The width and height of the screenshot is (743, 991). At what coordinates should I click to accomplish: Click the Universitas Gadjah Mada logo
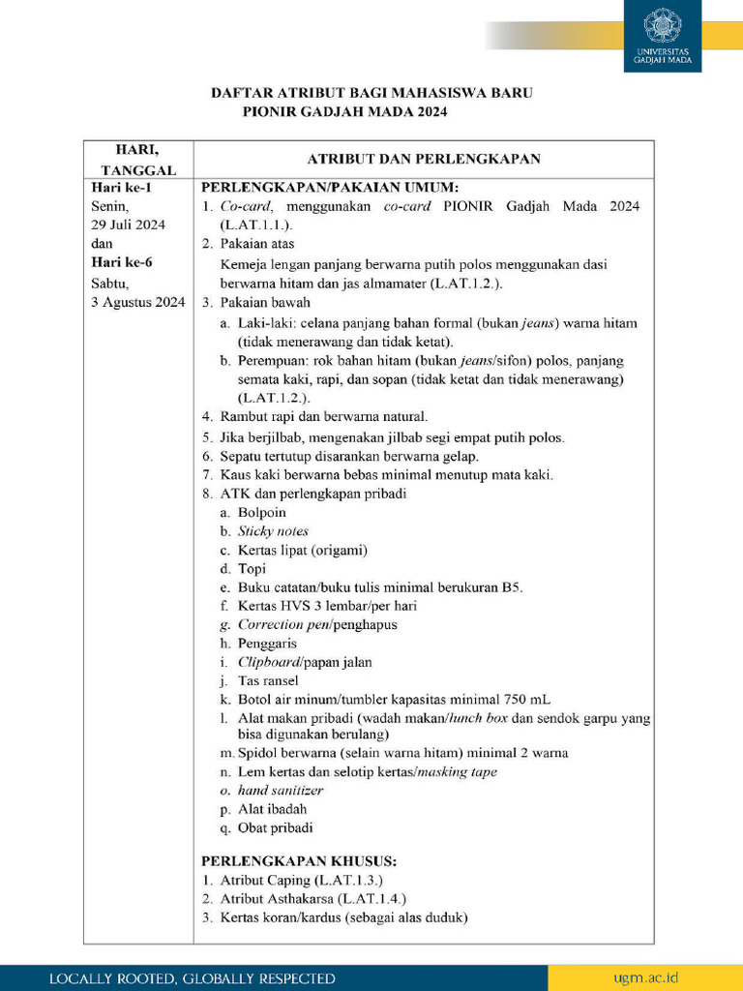pyautogui.click(x=663, y=36)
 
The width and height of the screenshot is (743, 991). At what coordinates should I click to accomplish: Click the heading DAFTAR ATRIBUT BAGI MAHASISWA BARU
pyautogui.click(x=372, y=93)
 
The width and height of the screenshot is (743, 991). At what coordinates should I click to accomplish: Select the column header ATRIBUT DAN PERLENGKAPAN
pyautogui.click(x=423, y=159)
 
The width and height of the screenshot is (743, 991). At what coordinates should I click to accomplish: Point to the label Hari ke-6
pyautogui.click(x=121, y=262)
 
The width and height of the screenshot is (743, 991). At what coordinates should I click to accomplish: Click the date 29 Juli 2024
pyautogui.click(x=128, y=225)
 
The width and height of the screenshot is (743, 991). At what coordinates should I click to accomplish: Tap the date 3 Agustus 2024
pyautogui.click(x=137, y=301)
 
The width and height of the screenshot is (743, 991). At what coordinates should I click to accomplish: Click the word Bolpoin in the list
pyautogui.click(x=261, y=512)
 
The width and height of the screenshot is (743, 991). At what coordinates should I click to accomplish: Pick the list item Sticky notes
pyautogui.click(x=273, y=531)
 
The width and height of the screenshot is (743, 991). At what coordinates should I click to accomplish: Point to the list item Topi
pyautogui.click(x=252, y=569)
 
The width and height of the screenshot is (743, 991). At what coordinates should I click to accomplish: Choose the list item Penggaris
pyautogui.click(x=267, y=644)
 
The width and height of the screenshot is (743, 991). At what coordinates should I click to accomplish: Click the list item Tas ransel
pyautogui.click(x=268, y=680)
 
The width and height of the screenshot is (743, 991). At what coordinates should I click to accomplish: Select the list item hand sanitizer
pyautogui.click(x=280, y=791)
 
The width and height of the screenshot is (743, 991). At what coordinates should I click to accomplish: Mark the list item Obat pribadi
pyautogui.click(x=275, y=828)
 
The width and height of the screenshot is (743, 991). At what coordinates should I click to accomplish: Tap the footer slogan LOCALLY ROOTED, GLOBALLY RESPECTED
pyautogui.click(x=193, y=978)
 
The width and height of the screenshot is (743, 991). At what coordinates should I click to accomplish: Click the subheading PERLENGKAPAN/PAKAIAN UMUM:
pyautogui.click(x=329, y=187)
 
